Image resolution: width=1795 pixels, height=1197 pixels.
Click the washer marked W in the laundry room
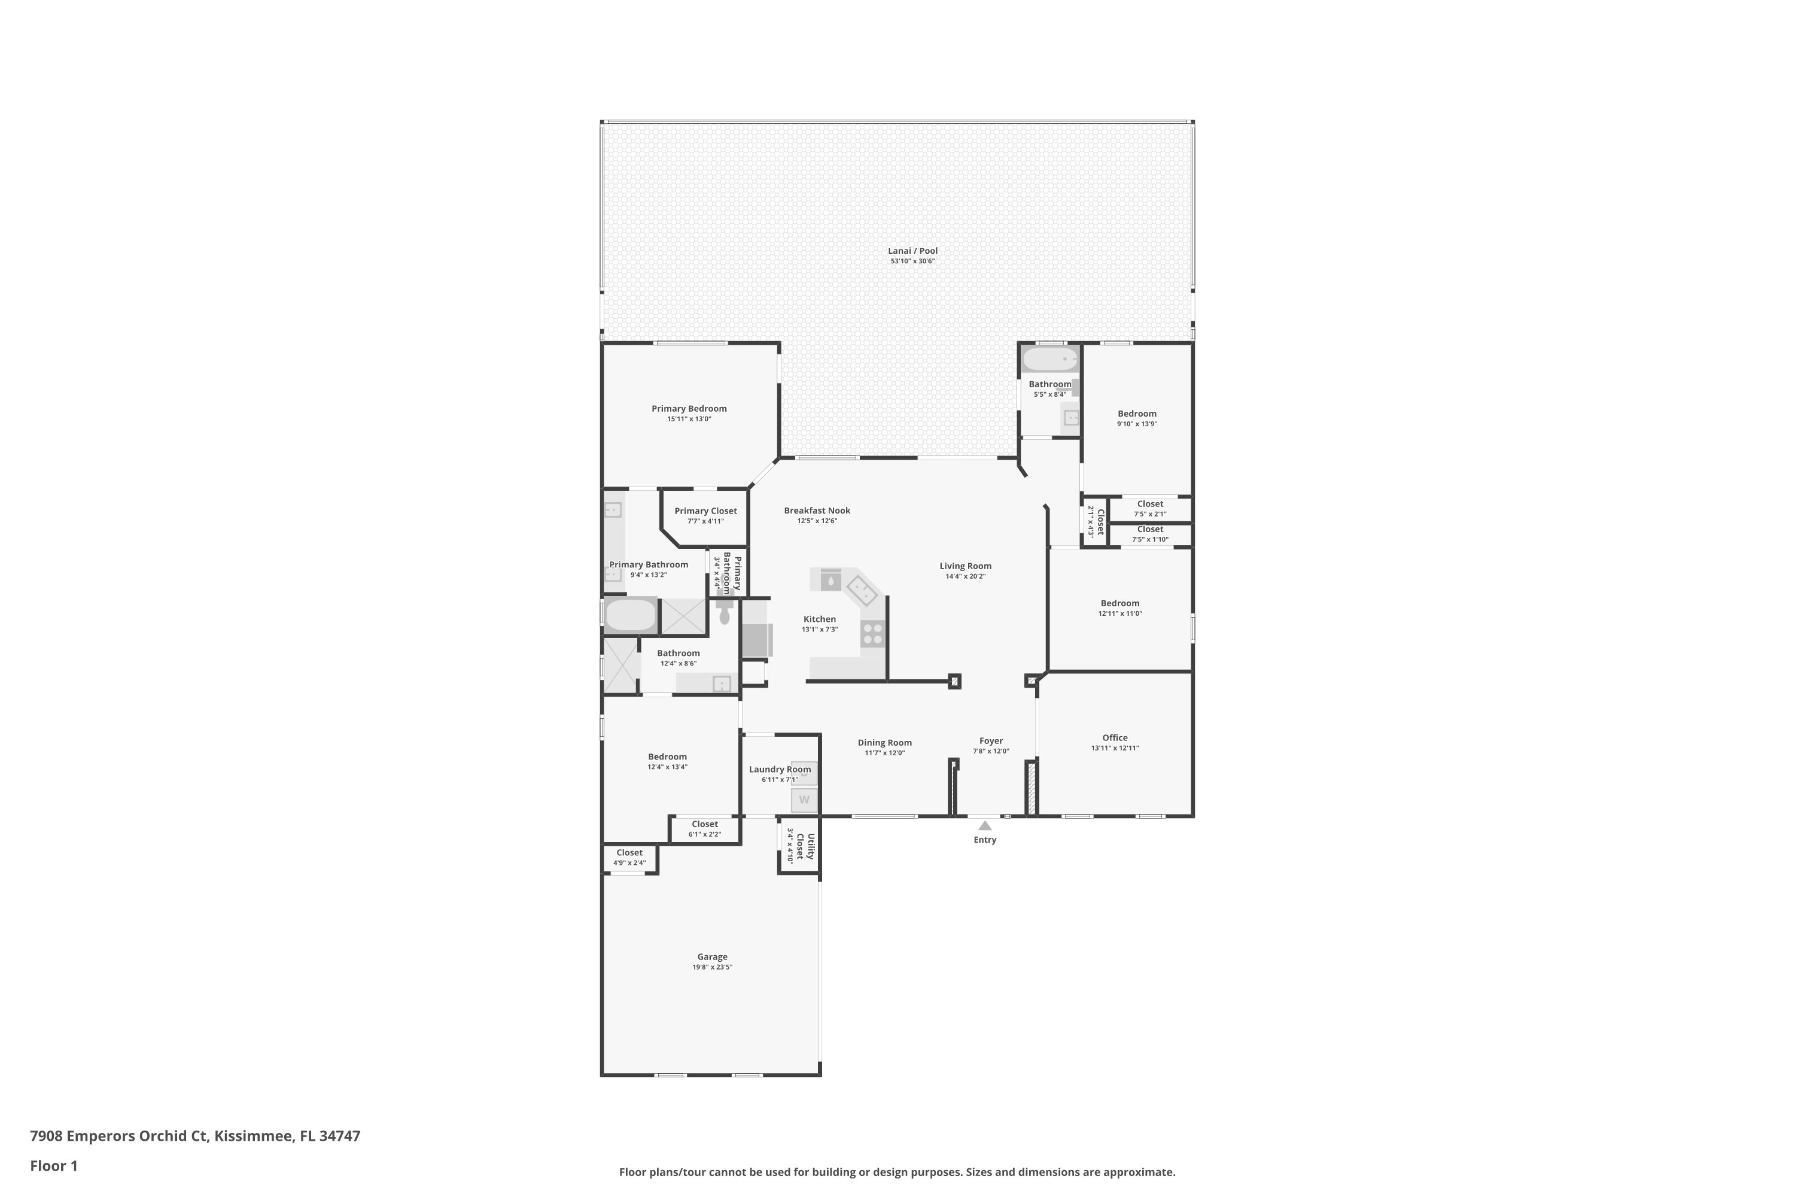pos(804,800)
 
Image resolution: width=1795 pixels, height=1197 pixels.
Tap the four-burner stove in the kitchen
pos(872,634)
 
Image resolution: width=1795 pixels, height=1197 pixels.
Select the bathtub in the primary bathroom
pos(631,615)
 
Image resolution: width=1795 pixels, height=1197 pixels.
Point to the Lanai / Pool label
pos(913,250)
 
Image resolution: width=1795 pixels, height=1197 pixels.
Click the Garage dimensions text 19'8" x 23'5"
pos(712,967)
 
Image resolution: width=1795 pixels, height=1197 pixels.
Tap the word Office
pos(1115,737)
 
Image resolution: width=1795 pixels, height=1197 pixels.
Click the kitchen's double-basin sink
pos(862,591)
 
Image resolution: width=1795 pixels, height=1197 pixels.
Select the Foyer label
pos(991,740)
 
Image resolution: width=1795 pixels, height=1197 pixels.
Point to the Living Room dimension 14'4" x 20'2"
pos(966,576)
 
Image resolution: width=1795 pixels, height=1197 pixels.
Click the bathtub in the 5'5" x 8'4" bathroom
pos(1050,359)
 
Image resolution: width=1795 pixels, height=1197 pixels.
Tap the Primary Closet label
pos(706,511)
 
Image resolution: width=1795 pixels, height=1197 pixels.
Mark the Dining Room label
pos(884,742)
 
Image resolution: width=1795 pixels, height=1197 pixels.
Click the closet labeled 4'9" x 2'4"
pos(629,859)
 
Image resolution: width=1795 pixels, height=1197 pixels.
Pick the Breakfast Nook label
pos(817,511)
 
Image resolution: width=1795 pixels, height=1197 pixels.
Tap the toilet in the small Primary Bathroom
pos(724,612)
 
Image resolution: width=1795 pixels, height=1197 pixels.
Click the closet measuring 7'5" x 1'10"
pos(1150,534)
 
